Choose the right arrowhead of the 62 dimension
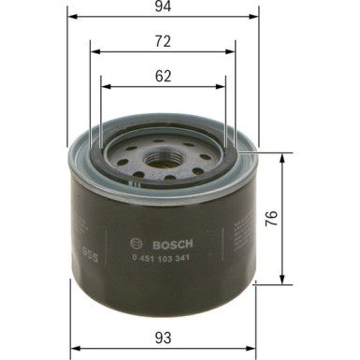pos(224,87)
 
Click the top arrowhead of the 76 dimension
pos(283,155)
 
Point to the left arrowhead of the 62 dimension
pos(105,87)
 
